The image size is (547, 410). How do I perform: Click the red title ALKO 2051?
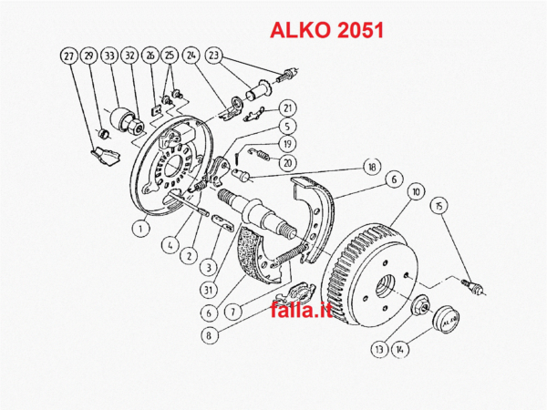[327, 29]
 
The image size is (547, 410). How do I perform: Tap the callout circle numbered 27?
[69, 56]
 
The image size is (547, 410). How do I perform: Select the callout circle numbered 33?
[109, 56]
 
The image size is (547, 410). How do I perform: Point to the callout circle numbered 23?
[214, 56]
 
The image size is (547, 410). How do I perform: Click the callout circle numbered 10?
[415, 191]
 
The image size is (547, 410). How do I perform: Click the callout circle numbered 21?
[286, 108]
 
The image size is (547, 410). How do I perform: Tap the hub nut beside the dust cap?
[421, 307]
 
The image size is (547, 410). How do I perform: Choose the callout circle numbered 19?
[286, 144]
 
